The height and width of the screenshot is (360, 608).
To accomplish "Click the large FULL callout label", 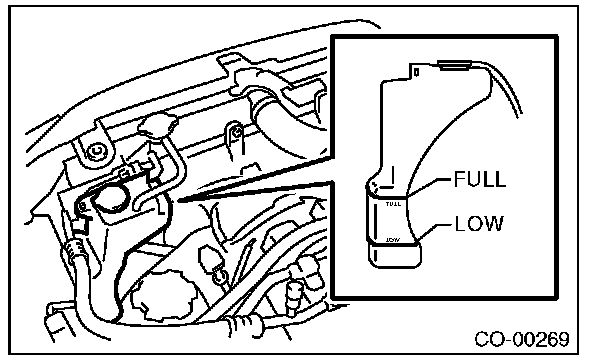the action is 480,179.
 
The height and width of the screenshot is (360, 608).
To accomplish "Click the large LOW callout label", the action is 479,224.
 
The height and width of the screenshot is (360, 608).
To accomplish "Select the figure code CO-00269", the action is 522,339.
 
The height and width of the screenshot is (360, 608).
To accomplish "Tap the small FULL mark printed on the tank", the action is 393,204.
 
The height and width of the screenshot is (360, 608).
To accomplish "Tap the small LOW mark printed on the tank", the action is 393,240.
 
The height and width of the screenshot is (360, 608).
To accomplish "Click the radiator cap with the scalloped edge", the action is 158,124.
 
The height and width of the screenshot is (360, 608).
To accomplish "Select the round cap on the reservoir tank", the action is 111,199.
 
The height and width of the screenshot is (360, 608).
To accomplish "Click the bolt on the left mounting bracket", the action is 96,151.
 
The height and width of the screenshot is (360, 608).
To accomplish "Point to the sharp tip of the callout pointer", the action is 179,201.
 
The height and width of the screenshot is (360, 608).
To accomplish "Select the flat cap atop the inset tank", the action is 454,65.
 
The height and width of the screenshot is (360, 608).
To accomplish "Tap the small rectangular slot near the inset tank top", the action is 416,72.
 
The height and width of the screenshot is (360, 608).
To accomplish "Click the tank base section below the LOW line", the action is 394,255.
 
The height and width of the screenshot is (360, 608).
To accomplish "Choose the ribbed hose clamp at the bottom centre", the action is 245,323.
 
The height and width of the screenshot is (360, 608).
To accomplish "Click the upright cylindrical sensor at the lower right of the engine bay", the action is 294,298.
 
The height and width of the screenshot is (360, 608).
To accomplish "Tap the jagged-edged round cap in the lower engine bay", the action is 164,296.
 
